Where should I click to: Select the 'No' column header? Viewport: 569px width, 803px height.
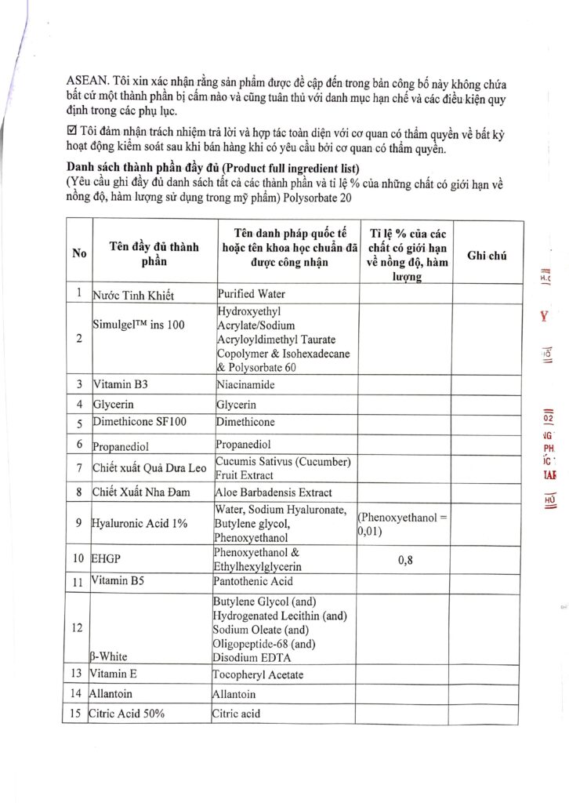tap(78, 253)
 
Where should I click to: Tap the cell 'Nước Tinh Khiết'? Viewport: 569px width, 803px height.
tap(132, 296)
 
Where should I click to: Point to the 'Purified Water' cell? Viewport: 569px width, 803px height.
tap(251, 294)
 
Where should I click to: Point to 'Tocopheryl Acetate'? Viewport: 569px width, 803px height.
tap(258, 675)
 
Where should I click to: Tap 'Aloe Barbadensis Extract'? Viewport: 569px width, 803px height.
tap(271, 492)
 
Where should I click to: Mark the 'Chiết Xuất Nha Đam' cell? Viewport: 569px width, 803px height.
tap(140, 492)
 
